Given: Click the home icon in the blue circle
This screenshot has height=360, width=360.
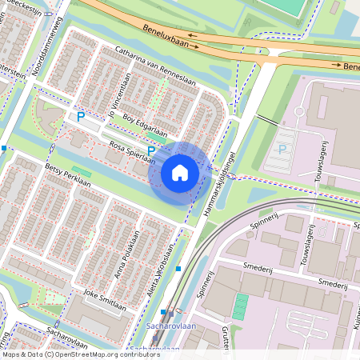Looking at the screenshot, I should pos(180,172).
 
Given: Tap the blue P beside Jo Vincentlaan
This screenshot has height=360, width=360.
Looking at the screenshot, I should pos(80,117).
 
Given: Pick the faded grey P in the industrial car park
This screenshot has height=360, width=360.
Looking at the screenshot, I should pos(282,149).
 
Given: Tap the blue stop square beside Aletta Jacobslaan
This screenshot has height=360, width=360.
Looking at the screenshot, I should pos(178,269).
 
